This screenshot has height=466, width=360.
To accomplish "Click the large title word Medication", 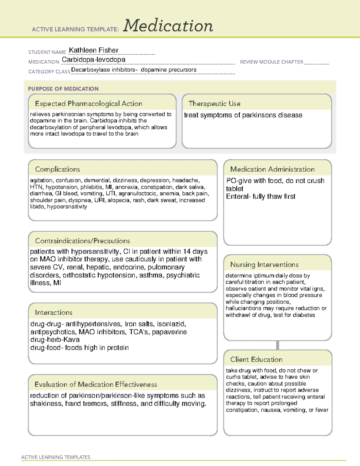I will coord(168,26).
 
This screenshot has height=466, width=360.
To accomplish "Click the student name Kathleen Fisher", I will coord(94,50).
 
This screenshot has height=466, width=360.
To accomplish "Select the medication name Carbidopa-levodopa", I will coord(94,60).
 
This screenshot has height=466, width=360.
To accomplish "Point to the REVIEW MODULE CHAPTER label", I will coord(271,62).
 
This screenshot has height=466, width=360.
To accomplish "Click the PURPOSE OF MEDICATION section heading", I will coord(63,89).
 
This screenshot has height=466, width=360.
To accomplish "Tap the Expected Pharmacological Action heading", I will coord(88,104).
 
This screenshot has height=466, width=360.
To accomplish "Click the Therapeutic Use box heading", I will coord(214,104).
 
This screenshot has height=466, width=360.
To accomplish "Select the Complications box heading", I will coord(58,169).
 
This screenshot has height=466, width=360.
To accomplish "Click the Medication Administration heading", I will coord(272,169).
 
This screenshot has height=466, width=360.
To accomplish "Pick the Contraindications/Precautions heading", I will coord(82,241).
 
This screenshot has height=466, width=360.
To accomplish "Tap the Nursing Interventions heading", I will coord(264,265).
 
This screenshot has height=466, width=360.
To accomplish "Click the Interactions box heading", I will coord(54,313).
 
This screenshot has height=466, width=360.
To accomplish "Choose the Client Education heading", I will coord(256,359).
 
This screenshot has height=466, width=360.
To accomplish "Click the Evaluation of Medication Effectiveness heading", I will coord(96,385).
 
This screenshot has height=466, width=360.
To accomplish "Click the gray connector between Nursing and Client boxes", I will coord(277,345).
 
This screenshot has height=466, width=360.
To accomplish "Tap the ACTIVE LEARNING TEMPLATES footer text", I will coord(56,457).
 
